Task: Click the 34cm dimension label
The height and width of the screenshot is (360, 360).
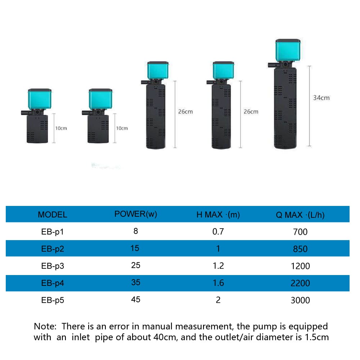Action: point(321,98)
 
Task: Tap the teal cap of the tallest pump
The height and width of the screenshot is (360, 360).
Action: point(288,50)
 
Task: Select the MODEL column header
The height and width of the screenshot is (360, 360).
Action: point(52,215)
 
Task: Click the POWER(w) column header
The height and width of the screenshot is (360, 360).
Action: point(136,214)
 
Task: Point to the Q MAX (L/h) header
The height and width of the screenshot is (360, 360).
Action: point(300,215)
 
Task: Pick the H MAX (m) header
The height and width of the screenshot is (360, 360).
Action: point(218,215)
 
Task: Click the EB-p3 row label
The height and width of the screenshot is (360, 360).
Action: point(53,266)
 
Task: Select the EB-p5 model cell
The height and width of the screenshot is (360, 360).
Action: point(53,300)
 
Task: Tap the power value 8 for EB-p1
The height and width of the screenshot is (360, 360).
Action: point(136,231)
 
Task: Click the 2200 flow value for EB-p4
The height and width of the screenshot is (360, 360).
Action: point(300,283)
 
